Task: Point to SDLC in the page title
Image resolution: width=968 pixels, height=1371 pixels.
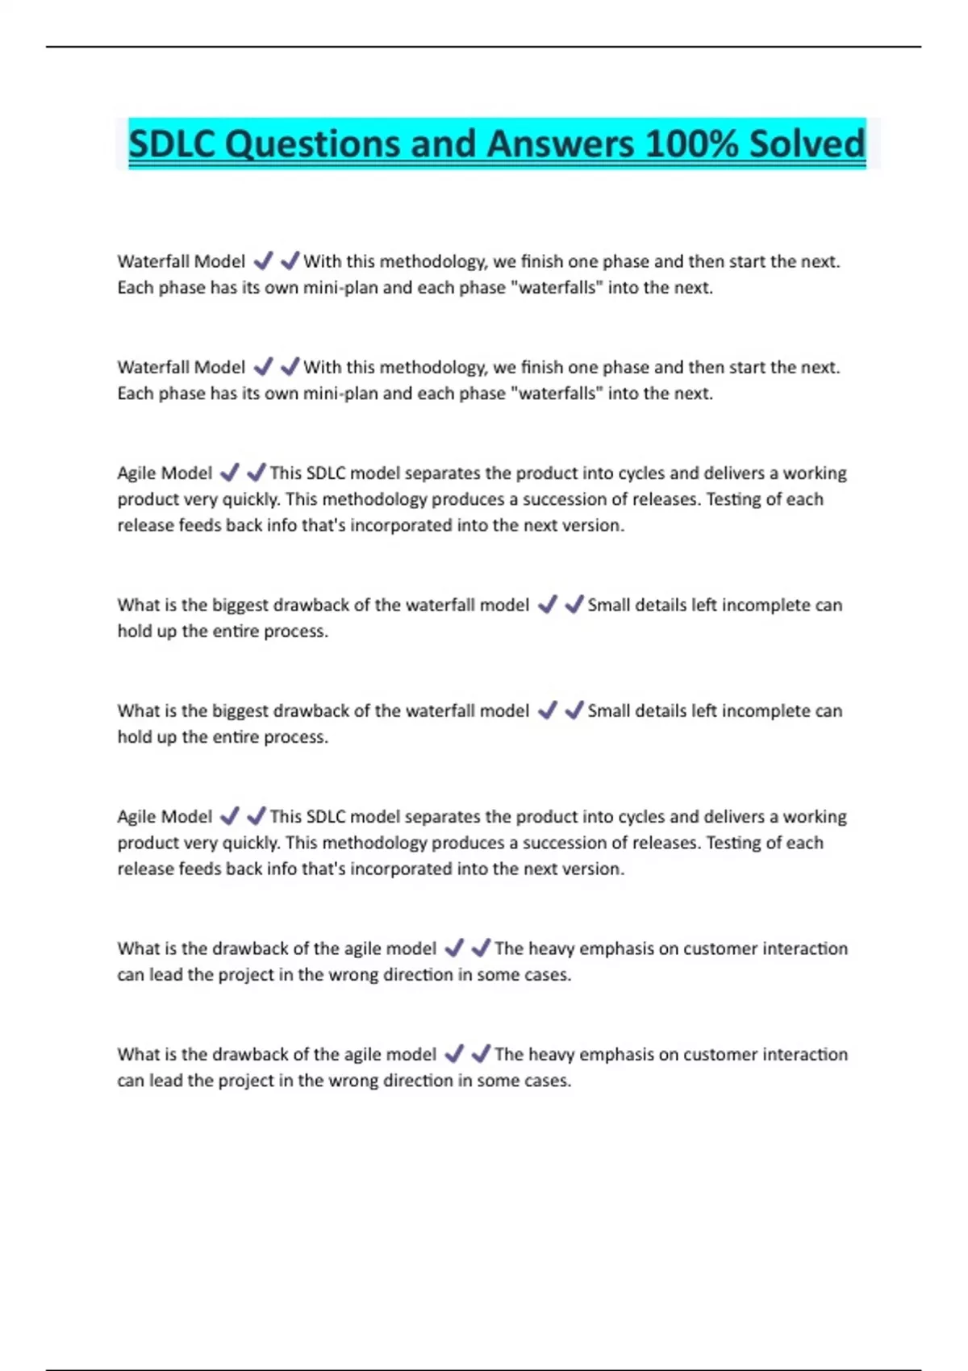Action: pyautogui.click(x=171, y=144)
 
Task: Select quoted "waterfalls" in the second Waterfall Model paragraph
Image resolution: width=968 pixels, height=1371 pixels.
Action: pyautogui.click(x=557, y=394)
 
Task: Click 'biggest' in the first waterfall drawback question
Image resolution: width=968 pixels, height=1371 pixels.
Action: pyautogui.click(x=240, y=605)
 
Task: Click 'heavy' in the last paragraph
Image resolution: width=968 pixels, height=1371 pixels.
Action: pyautogui.click(x=552, y=1054)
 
